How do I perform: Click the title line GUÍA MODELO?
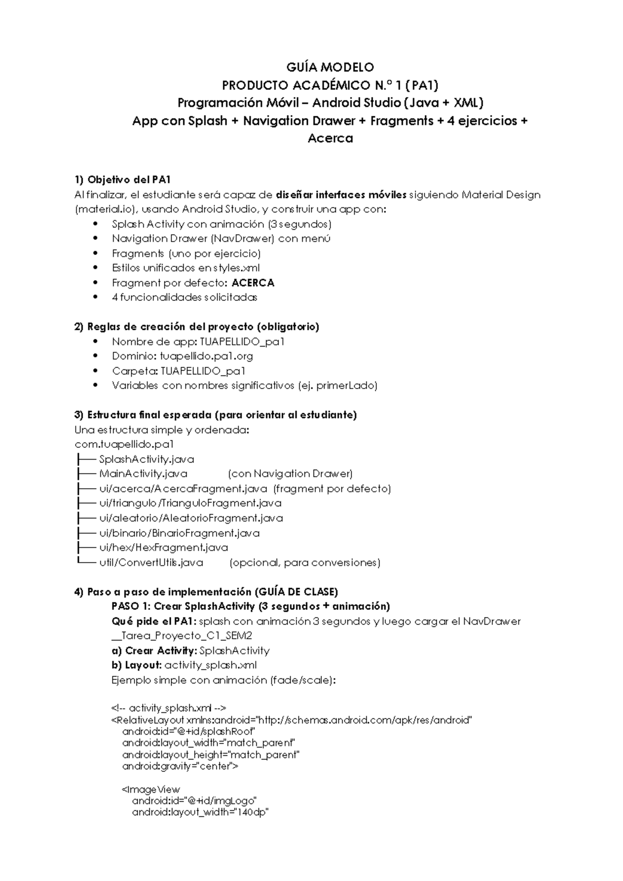tap(330, 67)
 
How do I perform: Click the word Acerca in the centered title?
tap(330, 138)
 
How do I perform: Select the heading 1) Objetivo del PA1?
tap(123, 180)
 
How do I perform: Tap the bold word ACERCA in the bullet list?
tap(253, 283)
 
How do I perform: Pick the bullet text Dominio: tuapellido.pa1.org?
tap(182, 356)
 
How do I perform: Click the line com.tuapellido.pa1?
tap(124, 444)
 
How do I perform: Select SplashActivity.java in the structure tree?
tap(146, 459)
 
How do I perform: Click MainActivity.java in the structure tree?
tap(143, 474)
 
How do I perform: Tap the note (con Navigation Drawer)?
tap(290, 474)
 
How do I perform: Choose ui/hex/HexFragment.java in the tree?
tap(163, 548)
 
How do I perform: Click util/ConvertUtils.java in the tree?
tap(151, 563)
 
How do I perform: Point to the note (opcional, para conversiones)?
tap(305, 563)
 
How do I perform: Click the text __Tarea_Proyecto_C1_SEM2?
tap(182, 636)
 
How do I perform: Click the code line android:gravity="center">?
tap(180, 766)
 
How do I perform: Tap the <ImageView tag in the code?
tap(151, 790)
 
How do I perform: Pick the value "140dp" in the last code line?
tap(251, 812)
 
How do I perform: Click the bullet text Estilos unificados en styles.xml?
tap(185, 268)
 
